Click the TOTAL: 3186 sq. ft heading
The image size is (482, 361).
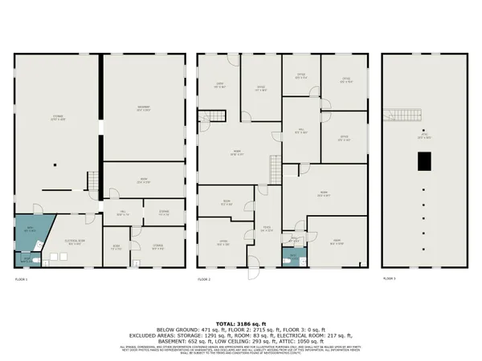coord(240,321)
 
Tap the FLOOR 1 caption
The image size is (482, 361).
coord(22,278)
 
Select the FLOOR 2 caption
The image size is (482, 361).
coord(203,278)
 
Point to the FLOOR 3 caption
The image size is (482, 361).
coord(389,278)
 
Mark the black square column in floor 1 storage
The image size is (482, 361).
coord(55,166)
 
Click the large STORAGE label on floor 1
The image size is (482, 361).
coord(58,117)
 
